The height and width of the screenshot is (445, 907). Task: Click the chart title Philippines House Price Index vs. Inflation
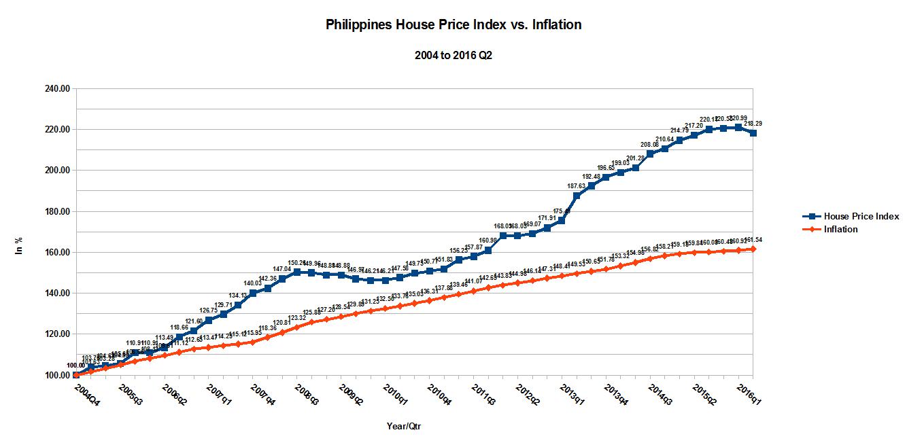pyautogui.click(x=453, y=25)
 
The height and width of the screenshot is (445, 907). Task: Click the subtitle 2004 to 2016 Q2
pyautogui.click(x=453, y=56)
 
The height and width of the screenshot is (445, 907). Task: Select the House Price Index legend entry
pyautogui.click(x=861, y=216)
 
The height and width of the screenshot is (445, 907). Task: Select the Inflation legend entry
pyautogui.click(x=840, y=229)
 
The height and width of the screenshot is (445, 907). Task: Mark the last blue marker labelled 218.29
pyautogui.click(x=753, y=133)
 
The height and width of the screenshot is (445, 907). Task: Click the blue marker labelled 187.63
pyautogui.click(x=577, y=196)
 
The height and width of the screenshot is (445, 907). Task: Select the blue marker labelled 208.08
pyautogui.click(x=650, y=154)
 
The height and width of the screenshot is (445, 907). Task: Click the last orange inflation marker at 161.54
pyautogui.click(x=753, y=249)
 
